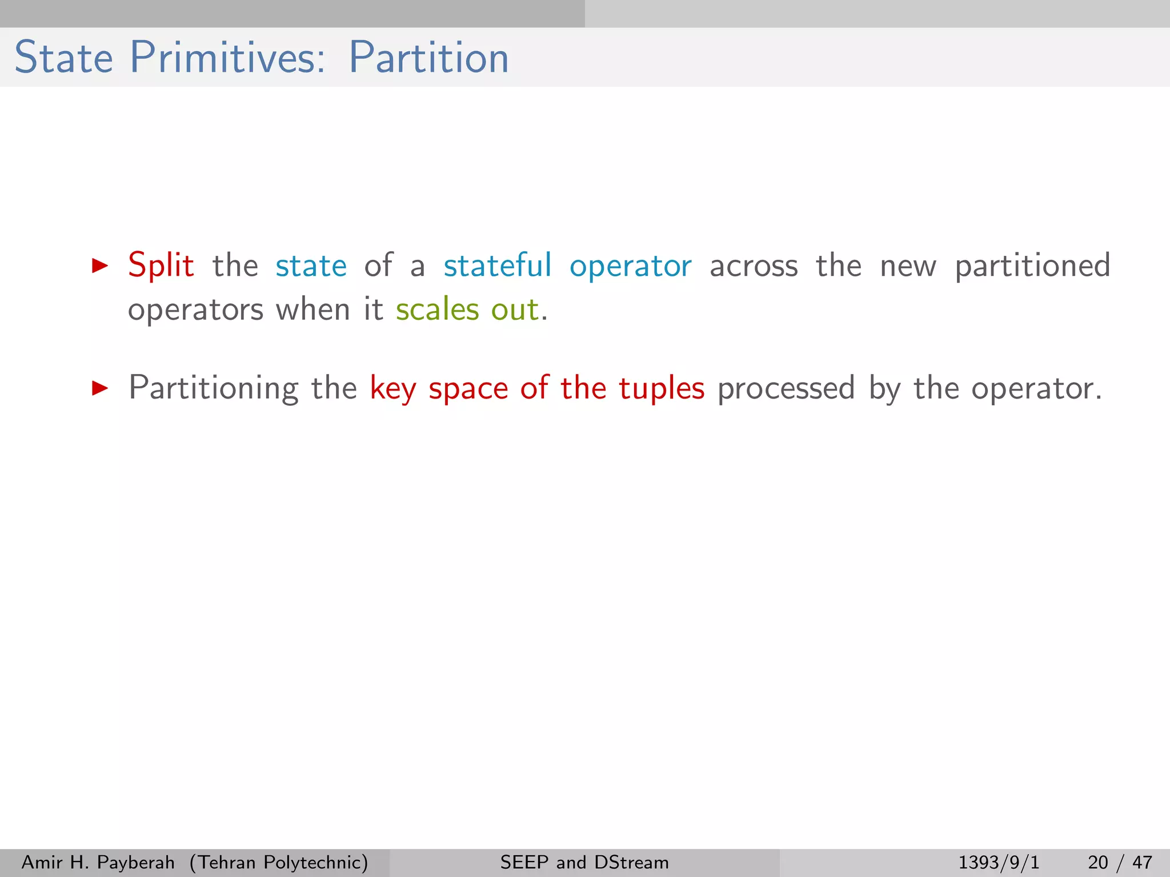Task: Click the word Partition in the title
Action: tap(428, 58)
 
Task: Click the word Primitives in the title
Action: tap(227, 58)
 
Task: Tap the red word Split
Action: tap(161, 265)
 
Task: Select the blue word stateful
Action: tap(498, 265)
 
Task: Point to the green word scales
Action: tap(438, 309)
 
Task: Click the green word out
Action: tap(515, 309)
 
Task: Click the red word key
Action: tap(393, 389)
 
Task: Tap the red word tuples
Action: tap(662, 389)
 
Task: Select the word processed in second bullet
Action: tap(786, 388)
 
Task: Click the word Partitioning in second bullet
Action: tap(214, 388)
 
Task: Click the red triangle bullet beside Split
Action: tap(100, 265)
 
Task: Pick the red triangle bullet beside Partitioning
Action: tap(100, 388)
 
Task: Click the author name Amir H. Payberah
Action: tap(98, 862)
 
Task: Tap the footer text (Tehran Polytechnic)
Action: tap(279, 862)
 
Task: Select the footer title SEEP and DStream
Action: tap(584, 862)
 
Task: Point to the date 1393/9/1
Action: tap(999, 862)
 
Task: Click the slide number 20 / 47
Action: tap(1120, 862)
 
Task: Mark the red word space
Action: tap(468, 389)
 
